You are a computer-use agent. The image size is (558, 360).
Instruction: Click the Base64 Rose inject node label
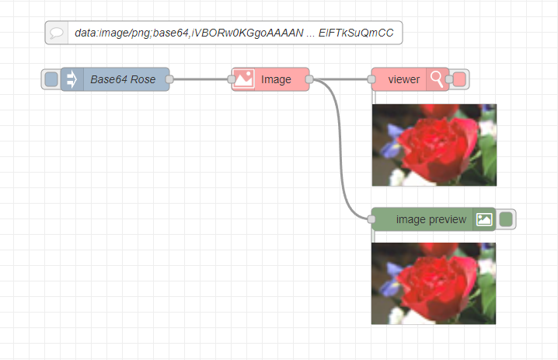click(x=123, y=79)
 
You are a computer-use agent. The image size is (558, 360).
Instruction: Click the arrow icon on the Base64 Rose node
click(x=72, y=79)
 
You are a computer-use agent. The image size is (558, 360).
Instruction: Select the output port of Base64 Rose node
click(x=169, y=79)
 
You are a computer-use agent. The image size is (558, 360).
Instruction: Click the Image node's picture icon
click(x=244, y=79)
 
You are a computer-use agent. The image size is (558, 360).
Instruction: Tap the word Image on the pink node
click(x=276, y=79)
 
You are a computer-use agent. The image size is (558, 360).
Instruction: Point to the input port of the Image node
click(x=232, y=79)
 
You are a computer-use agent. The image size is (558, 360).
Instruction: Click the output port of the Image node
click(x=309, y=79)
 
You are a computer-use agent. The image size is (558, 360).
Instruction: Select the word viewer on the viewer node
click(x=404, y=79)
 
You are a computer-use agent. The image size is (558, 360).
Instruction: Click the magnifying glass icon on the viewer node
click(x=438, y=79)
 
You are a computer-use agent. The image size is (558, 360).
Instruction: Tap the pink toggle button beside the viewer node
click(x=459, y=79)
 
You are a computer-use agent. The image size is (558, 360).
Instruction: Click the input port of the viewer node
click(x=371, y=79)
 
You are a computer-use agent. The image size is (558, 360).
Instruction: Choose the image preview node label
click(x=431, y=219)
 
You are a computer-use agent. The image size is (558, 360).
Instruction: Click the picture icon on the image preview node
click(x=484, y=219)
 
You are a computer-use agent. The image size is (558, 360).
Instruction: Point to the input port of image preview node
click(x=371, y=219)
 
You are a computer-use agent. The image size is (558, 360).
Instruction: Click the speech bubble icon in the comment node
click(x=57, y=33)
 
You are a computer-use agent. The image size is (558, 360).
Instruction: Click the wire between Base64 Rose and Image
click(x=201, y=79)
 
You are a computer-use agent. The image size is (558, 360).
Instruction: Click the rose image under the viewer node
click(x=434, y=145)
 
